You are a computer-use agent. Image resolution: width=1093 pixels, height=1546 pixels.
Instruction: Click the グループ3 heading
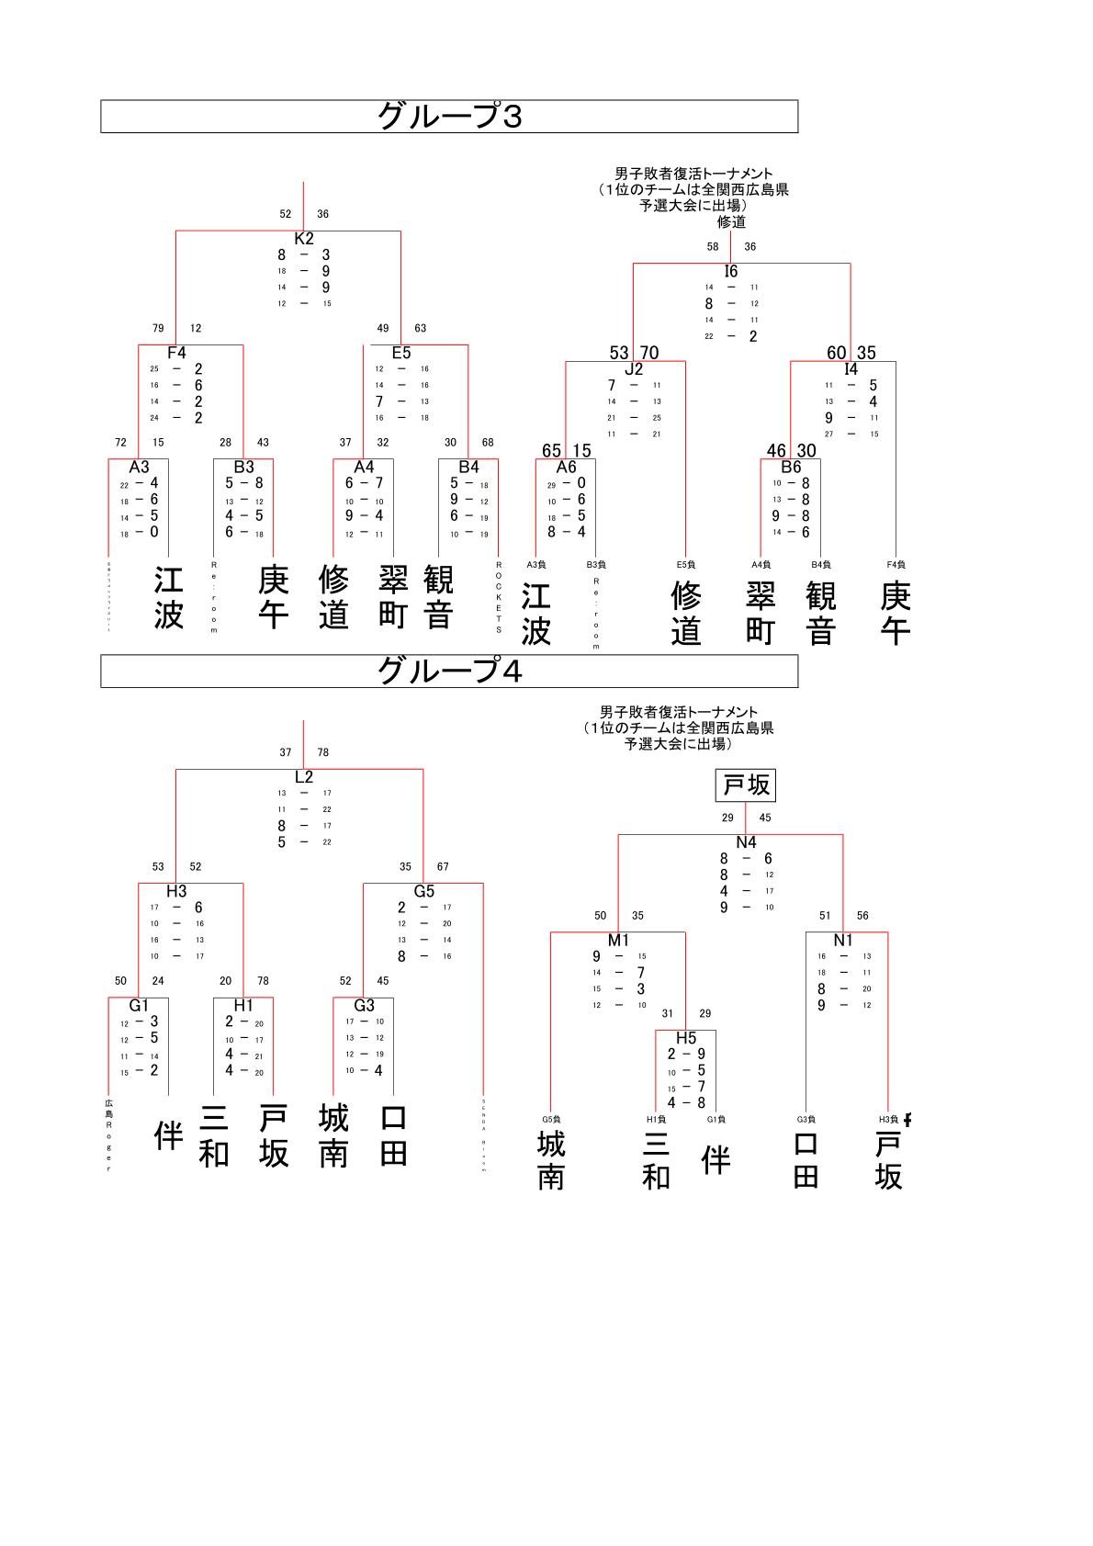[x=449, y=117]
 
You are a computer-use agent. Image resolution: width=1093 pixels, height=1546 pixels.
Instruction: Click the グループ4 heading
[x=449, y=671]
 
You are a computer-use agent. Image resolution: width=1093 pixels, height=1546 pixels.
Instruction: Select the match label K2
[x=304, y=239]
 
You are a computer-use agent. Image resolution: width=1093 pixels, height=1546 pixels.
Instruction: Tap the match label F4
[x=176, y=353]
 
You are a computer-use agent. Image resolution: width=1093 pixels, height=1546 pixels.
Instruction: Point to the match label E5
[x=401, y=353]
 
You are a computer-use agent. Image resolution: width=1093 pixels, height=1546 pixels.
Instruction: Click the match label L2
[x=304, y=777]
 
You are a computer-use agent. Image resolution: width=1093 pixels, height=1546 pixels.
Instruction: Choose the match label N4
[x=746, y=842]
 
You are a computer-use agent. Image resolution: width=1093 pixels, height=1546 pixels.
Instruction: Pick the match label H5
[x=686, y=1038]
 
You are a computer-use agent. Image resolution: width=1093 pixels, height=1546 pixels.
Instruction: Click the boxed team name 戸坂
[x=746, y=786]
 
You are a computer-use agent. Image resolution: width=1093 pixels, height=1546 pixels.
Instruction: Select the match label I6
[x=731, y=271]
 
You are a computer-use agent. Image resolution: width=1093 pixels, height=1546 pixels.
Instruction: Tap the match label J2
[x=634, y=369]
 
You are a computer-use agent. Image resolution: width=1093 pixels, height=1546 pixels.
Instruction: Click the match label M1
[x=619, y=940]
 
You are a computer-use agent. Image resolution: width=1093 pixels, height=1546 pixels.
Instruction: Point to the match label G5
[x=423, y=891]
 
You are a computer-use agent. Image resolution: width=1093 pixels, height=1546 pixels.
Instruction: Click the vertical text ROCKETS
[x=499, y=597]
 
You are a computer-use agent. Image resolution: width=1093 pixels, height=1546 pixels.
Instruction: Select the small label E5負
[x=686, y=564]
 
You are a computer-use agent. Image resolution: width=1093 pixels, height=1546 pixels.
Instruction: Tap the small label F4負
[x=896, y=564]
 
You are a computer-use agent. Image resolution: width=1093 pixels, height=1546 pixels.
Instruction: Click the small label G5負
[x=551, y=1119]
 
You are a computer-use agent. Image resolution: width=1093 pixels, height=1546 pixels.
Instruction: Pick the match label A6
[x=566, y=467]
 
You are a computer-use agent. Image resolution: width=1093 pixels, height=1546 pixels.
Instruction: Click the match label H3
[x=176, y=891]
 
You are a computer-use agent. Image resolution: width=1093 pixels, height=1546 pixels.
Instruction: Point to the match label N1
[x=843, y=940]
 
